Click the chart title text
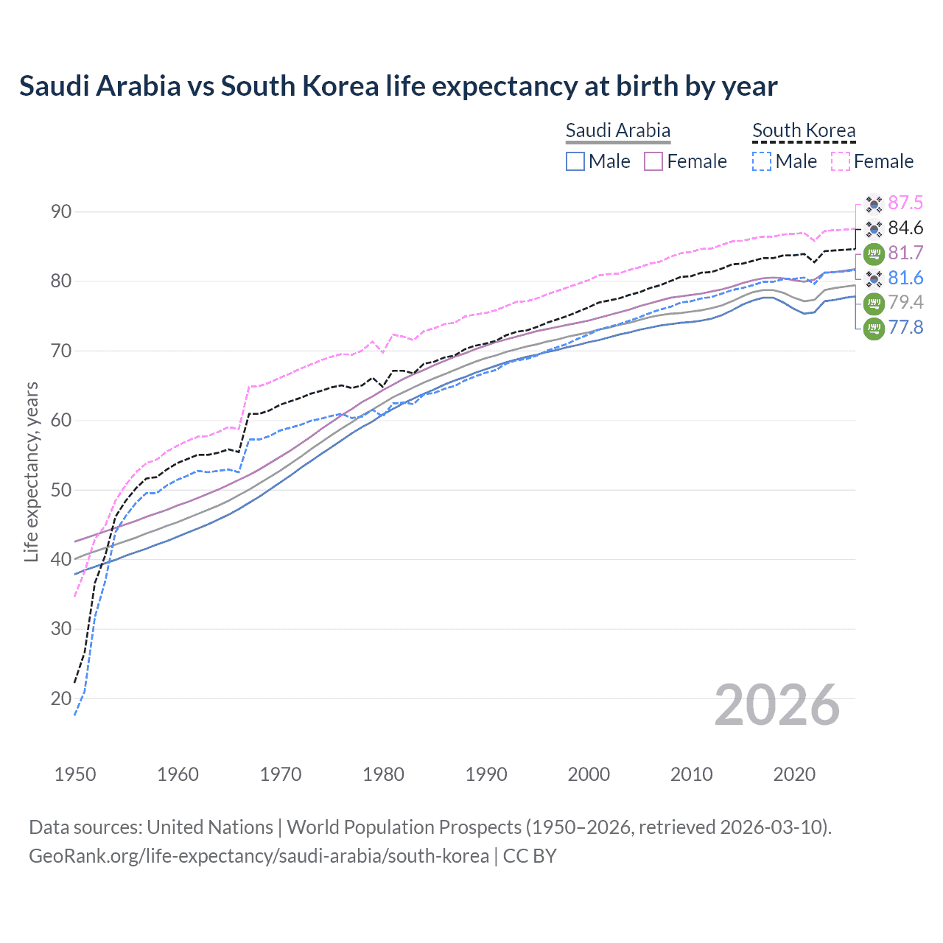398,86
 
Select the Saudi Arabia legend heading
617,130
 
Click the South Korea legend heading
804,130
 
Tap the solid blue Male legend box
575,161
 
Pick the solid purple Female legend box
654,161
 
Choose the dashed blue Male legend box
762,161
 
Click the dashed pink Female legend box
841,161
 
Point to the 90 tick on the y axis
61,212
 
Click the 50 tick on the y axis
61,490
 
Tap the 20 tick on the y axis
61,698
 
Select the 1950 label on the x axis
75,774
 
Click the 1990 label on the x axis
486,774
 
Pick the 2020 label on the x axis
794,774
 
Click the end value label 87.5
905,203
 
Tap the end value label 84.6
905,228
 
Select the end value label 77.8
905,327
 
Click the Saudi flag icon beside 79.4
874,302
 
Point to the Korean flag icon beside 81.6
874,278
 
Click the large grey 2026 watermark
777,705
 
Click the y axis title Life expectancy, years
32,471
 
